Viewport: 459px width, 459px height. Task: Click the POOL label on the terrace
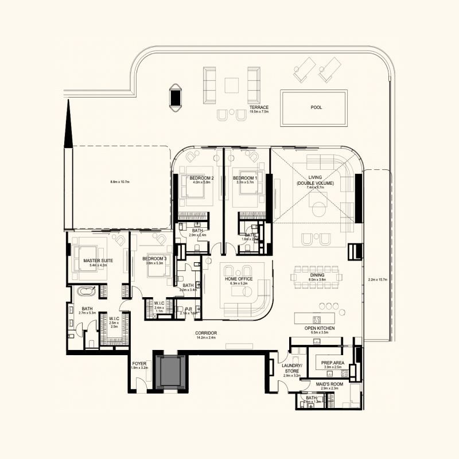click(x=316, y=107)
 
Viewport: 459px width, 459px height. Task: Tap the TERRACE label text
click(x=259, y=107)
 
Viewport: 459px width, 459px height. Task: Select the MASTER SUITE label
click(x=98, y=261)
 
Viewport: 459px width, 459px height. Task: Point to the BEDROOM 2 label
click(x=201, y=178)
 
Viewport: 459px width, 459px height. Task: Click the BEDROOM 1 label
click(x=245, y=178)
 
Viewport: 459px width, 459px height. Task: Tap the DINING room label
click(x=317, y=275)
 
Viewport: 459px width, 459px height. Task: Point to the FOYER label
click(x=139, y=364)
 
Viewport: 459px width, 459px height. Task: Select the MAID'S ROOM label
click(x=329, y=384)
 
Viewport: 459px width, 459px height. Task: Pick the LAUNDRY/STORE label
click(x=291, y=368)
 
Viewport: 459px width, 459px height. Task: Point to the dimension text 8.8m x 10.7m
click(x=120, y=182)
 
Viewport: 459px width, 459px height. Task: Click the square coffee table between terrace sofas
click(x=232, y=85)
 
